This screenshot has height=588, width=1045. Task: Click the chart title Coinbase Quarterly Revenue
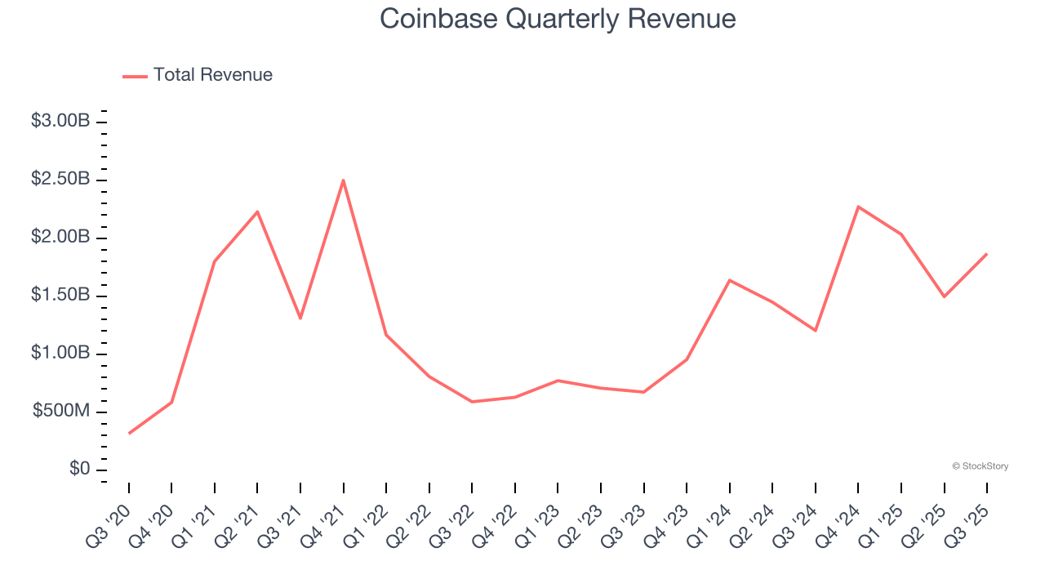pyautogui.click(x=558, y=19)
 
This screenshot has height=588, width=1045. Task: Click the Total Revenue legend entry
pyautogui.click(x=198, y=75)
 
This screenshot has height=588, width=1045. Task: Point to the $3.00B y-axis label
pyautogui.click(x=60, y=121)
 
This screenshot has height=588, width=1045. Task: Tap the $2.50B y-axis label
pyautogui.click(x=60, y=179)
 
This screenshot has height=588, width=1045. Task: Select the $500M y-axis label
pyautogui.click(x=61, y=412)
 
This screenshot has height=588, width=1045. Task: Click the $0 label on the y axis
pyautogui.click(x=78, y=470)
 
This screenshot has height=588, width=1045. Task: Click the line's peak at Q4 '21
pyautogui.click(x=343, y=180)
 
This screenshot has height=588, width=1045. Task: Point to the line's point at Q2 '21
pyautogui.click(x=257, y=212)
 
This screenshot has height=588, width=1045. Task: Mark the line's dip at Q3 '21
pyautogui.click(x=300, y=318)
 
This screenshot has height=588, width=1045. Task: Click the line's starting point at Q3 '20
pyautogui.click(x=129, y=433)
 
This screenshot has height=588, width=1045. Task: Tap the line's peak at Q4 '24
pyautogui.click(x=858, y=207)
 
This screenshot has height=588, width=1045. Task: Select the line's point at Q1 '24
pyautogui.click(x=729, y=280)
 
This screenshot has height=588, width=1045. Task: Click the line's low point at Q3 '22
pyautogui.click(x=472, y=402)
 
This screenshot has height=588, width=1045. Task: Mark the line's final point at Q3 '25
pyautogui.click(x=987, y=254)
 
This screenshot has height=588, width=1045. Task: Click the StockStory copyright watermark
pyautogui.click(x=980, y=466)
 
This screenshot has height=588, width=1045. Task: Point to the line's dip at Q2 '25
pyautogui.click(x=944, y=296)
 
